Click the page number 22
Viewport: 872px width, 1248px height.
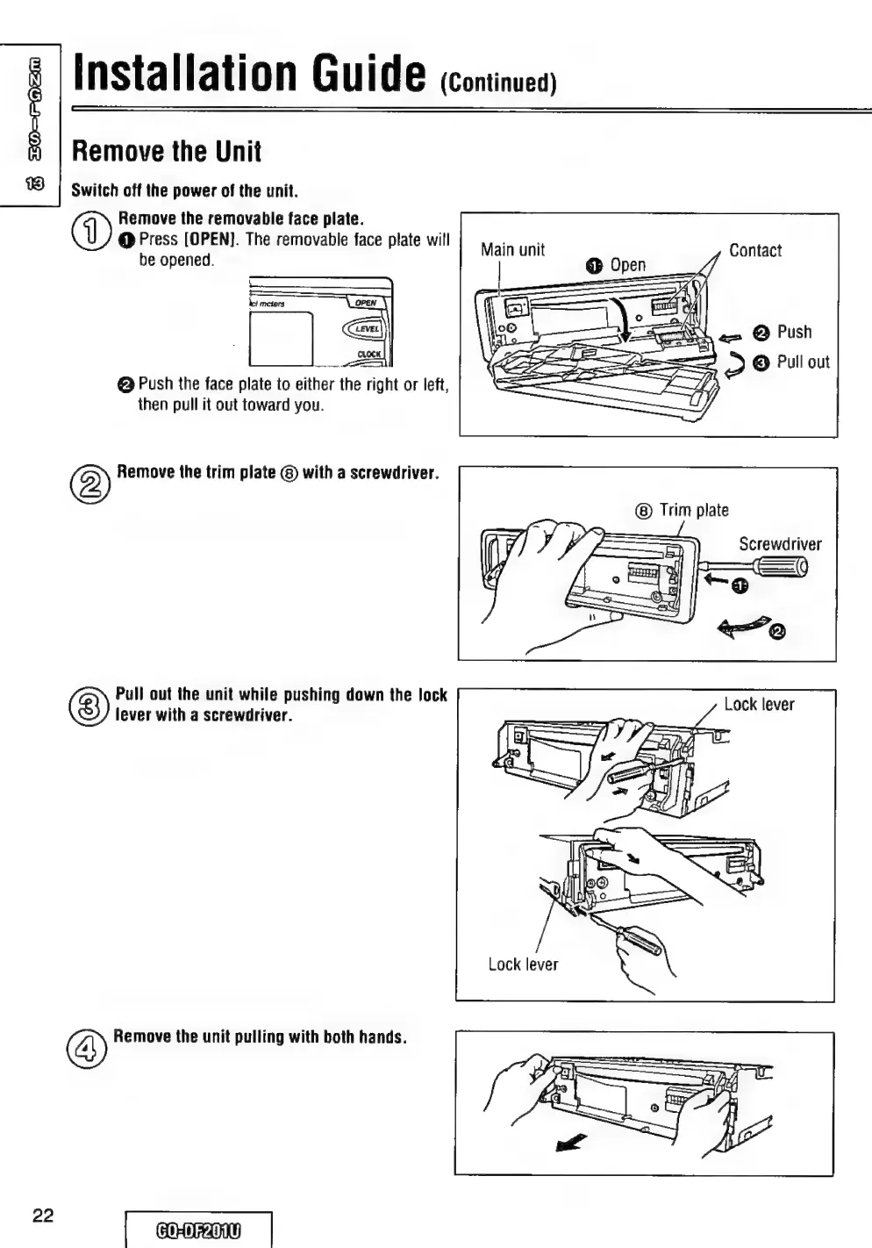[43, 1216]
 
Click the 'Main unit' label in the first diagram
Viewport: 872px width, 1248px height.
[512, 250]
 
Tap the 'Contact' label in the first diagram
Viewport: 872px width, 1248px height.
[754, 251]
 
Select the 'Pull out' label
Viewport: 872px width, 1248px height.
[803, 362]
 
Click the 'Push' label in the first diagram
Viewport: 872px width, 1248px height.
[794, 332]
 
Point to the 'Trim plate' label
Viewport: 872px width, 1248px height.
[693, 510]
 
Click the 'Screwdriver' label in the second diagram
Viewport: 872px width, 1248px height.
[780, 544]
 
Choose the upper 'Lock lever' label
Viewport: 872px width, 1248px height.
[759, 705]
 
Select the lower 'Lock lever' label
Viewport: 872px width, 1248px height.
[523, 965]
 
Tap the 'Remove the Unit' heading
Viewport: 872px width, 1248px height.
[167, 151]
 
